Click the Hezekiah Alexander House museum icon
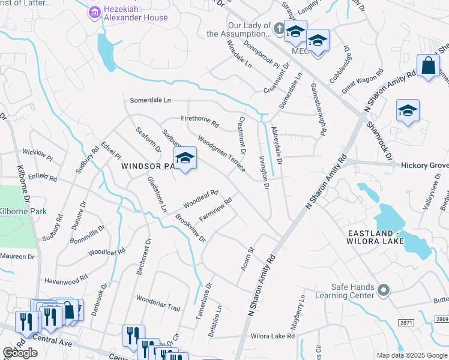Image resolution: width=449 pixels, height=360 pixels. coord(94,12)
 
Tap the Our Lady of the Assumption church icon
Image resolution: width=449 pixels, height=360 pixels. coord(279,28)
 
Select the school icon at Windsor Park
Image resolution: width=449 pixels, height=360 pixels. coord(185,158)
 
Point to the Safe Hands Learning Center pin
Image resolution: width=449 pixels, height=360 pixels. coord(384,290)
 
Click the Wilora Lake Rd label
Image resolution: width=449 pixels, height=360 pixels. coord(273,337)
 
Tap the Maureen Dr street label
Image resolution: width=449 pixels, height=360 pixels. coord(17,256)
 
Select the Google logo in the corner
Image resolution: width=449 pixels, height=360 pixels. coord(20,353)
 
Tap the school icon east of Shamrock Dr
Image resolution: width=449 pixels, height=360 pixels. coord(408,111)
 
